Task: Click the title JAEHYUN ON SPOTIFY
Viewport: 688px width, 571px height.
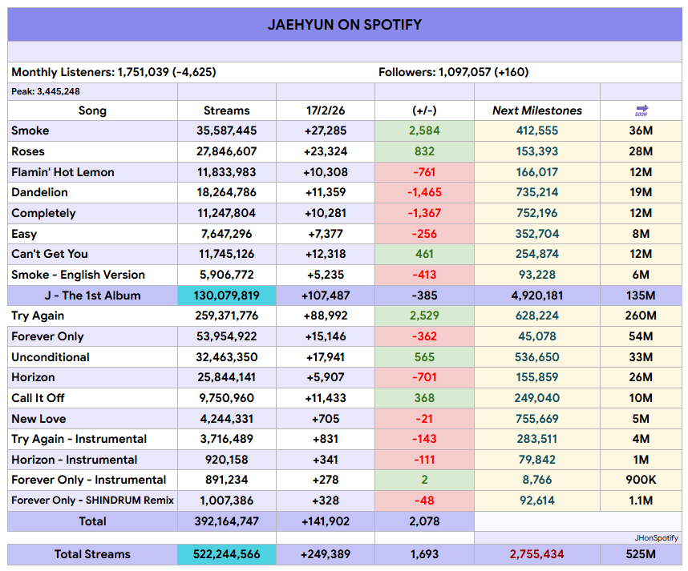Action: point(345,25)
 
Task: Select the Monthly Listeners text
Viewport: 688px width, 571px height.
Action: point(113,72)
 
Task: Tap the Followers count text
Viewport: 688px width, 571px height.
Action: point(453,72)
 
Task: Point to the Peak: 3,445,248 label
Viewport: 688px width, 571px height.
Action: point(46,91)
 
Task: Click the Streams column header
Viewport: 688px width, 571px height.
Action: point(226,111)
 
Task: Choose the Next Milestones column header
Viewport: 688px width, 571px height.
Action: point(537,111)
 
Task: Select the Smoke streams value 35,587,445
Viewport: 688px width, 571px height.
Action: point(226,131)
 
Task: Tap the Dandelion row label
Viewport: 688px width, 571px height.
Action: point(39,192)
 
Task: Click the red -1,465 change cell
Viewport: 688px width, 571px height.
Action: point(424,192)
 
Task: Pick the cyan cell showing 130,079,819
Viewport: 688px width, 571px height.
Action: point(226,296)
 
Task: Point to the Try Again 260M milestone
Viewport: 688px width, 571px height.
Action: point(641,316)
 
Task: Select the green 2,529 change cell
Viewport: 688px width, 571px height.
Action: point(424,316)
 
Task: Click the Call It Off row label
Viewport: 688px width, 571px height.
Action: point(38,398)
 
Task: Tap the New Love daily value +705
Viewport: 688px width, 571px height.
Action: point(326,419)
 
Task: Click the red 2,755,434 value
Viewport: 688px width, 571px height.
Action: point(537,554)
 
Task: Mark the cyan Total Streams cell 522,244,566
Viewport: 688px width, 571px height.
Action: point(226,554)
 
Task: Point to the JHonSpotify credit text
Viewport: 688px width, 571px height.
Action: point(656,538)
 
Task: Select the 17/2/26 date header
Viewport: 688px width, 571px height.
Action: point(326,111)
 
